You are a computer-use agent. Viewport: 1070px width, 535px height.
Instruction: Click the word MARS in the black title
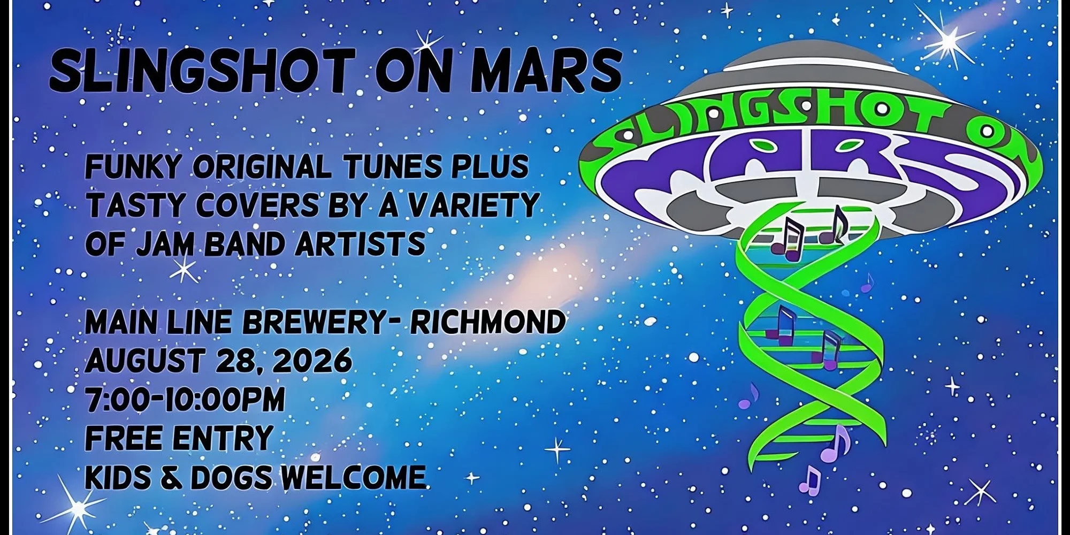pos(547,70)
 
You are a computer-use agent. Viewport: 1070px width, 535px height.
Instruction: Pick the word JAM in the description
pos(165,244)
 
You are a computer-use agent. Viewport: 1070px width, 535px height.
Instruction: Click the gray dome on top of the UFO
pos(810,72)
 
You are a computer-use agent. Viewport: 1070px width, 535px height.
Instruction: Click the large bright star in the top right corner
pos(948,39)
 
